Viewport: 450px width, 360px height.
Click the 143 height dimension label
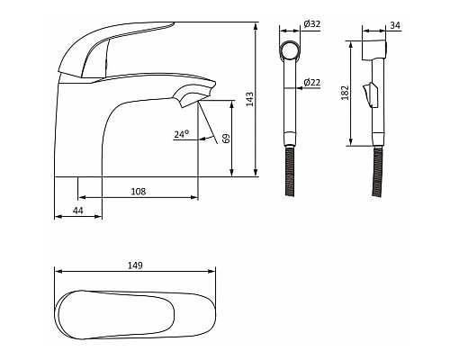tap(249, 99)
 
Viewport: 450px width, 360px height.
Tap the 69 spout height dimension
tap(227, 139)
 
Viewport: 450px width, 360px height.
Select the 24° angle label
tap(182, 134)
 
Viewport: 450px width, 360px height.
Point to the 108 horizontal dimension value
tap(139, 192)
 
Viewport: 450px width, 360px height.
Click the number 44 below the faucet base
tap(78, 211)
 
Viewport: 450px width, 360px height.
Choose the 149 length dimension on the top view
tap(135, 265)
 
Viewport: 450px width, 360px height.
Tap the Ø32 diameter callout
tap(312, 23)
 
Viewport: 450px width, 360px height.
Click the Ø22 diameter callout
tap(312, 82)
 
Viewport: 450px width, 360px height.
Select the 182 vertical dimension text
tap(346, 93)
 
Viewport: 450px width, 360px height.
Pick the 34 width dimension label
tap(395, 25)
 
